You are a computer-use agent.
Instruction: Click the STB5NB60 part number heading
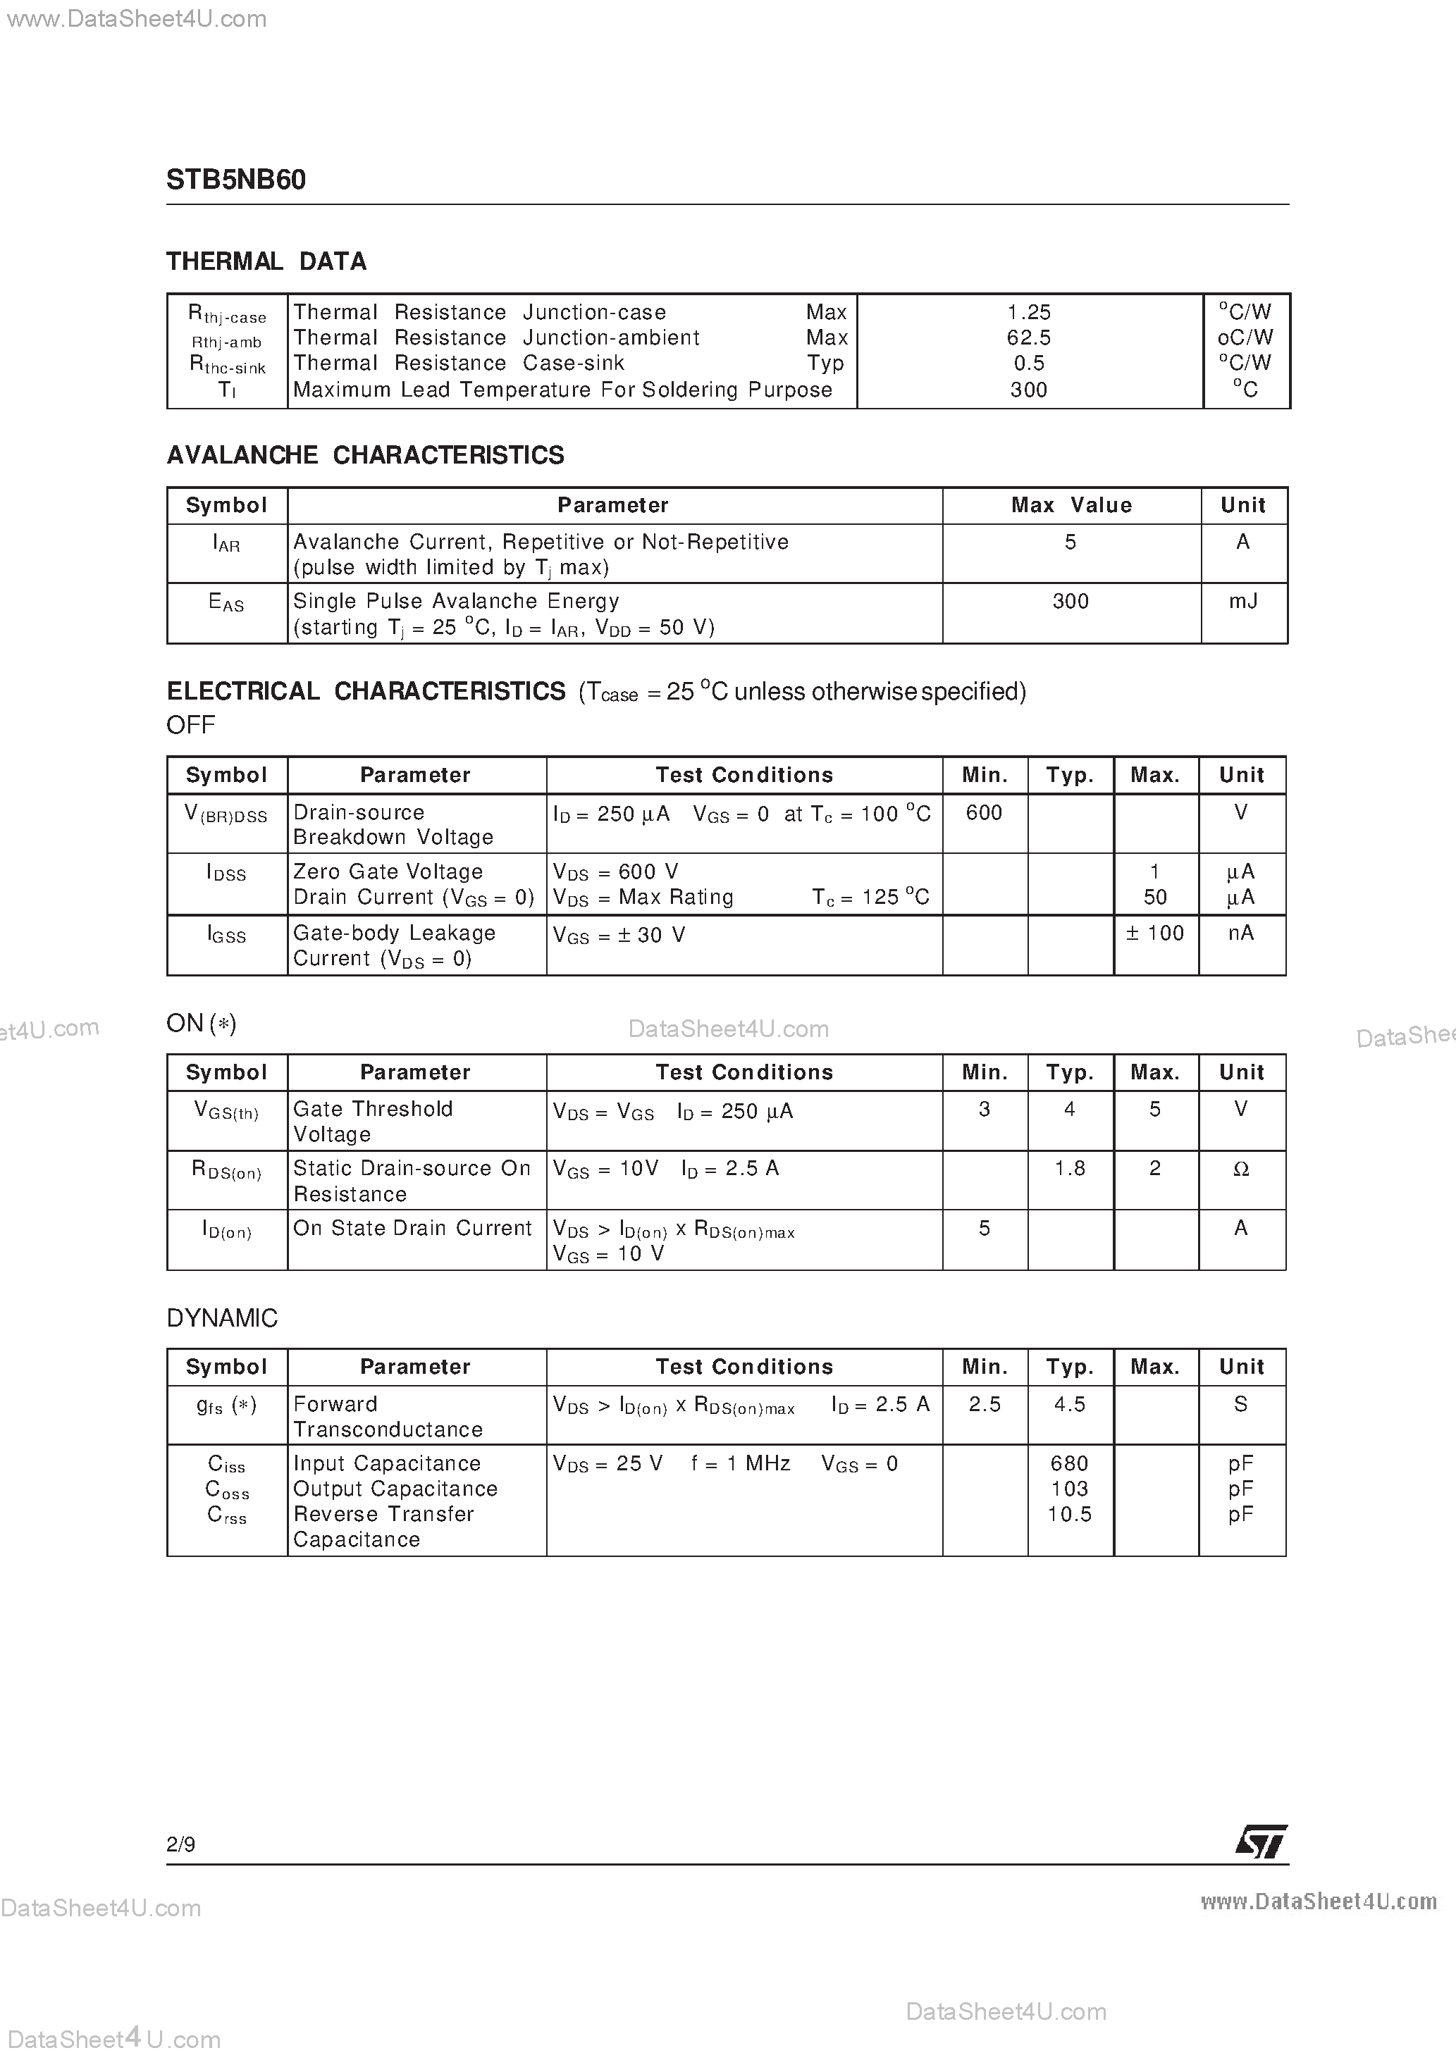point(236,180)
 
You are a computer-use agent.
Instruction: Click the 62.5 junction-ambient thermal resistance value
point(1029,338)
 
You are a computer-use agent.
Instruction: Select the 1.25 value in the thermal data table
point(1029,312)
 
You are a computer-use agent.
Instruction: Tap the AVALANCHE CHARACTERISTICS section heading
point(365,455)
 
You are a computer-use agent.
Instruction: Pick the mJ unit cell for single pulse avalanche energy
point(1243,601)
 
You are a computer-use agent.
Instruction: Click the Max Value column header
point(1071,505)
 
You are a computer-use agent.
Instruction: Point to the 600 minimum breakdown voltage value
point(984,813)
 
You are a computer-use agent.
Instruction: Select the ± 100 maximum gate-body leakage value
point(1155,933)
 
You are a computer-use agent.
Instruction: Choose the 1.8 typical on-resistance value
point(1070,1168)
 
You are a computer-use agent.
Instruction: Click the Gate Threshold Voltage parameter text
point(373,1122)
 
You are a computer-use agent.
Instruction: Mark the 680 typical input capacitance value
point(1069,1463)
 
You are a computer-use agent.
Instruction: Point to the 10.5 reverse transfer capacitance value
point(1069,1515)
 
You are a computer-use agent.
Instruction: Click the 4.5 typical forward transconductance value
point(1070,1404)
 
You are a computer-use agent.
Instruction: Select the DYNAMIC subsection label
point(223,1318)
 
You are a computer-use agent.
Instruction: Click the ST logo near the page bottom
point(1261,1842)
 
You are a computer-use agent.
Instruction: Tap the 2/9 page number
point(181,1844)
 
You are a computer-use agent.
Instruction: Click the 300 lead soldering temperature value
point(1029,390)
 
